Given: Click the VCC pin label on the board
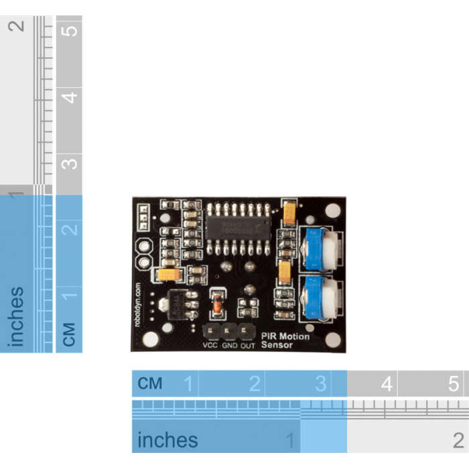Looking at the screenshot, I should coord(210,346).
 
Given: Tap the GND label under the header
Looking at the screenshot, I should coord(230,346).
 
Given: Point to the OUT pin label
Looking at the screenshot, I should coord(248,346).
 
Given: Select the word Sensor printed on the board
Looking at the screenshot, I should coord(277,345).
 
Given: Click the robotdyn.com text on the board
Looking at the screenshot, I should coord(138,304).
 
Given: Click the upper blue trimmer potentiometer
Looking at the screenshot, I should coord(320,248).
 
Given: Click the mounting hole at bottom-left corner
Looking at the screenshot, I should coord(151,339).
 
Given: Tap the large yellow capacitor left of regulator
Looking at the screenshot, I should coord(168,274).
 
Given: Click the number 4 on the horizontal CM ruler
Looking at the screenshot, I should coord(387,385).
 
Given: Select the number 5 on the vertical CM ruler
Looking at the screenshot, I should coord(69,29).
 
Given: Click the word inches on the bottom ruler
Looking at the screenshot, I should coord(167,440).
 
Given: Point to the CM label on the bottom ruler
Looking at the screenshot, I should coord(150,384).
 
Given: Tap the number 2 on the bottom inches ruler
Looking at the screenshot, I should coord(458,440).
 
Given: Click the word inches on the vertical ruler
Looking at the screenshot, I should coord(16,317).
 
